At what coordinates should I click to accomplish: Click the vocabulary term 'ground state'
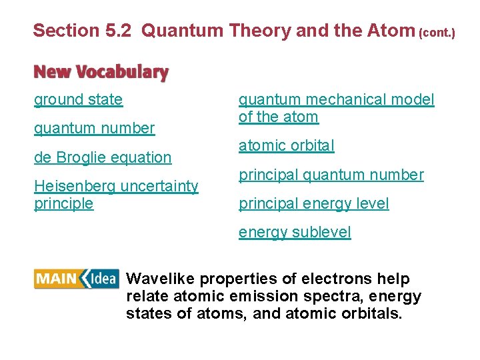click(79, 100)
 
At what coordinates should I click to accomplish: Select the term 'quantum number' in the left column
click(94, 128)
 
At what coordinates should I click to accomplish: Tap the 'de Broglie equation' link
click(103, 157)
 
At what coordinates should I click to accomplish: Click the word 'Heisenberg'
click(74, 187)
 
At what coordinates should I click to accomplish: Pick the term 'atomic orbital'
click(287, 145)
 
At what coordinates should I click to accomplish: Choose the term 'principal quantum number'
click(331, 175)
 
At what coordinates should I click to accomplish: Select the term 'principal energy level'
click(313, 203)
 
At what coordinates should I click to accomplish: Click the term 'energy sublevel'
click(295, 232)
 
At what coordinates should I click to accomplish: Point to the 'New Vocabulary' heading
click(101, 71)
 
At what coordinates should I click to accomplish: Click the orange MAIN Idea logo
click(77, 279)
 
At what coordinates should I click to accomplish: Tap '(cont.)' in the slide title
click(437, 32)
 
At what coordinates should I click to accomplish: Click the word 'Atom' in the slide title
click(395, 30)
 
